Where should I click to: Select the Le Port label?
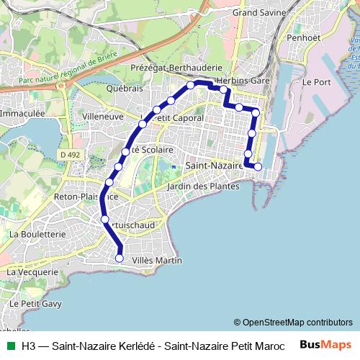coord(316,82)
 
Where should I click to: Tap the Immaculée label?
coord(22,114)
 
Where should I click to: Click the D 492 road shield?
coord(71,153)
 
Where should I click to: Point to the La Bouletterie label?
coord(37,234)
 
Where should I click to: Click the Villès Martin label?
coord(158,260)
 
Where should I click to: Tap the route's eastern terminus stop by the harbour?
coord(258,168)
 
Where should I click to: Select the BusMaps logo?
coord(326,345)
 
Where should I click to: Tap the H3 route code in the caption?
coord(29,345)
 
